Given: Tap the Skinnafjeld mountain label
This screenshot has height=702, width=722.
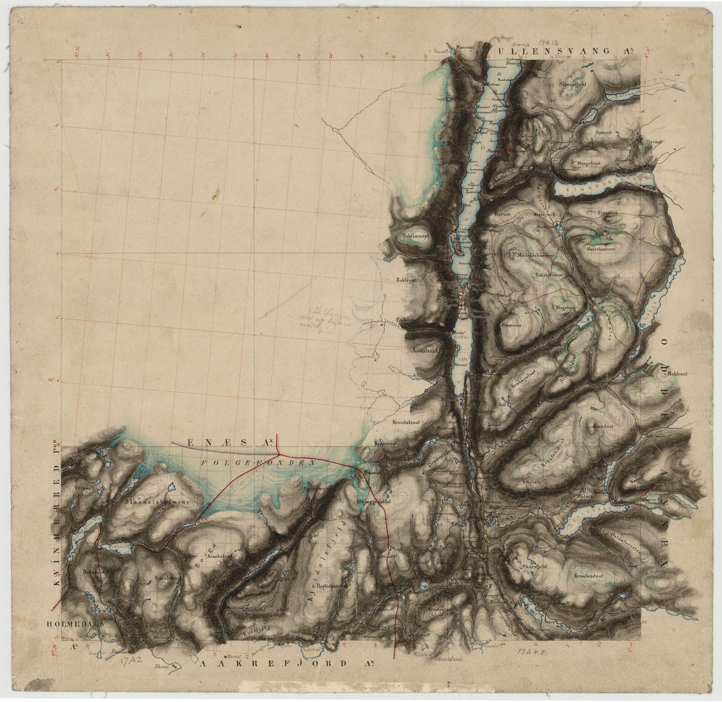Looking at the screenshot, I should [x=573, y=84].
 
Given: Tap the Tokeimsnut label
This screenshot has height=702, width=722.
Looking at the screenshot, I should [x=416, y=237].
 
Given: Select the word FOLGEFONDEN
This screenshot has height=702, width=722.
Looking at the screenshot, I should [x=258, y=463].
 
